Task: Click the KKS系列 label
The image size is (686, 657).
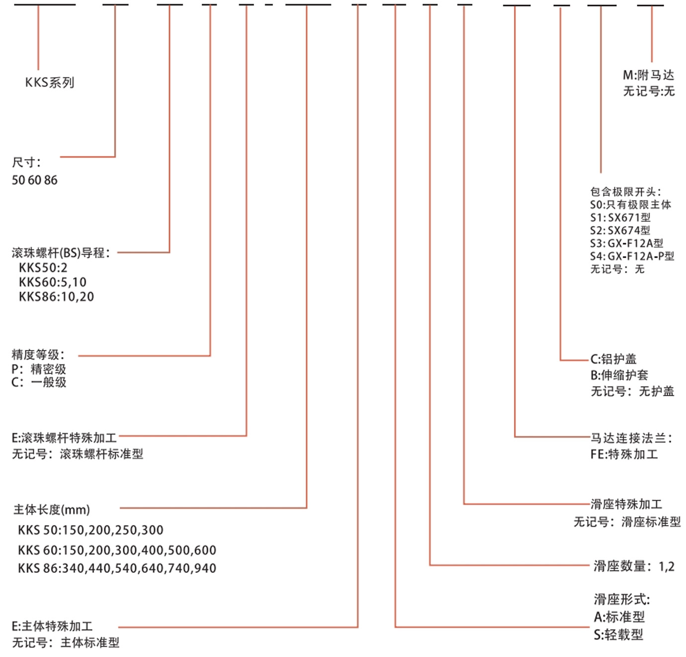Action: (x=50, y=83)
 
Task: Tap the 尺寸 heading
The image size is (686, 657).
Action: (x=26, y=163)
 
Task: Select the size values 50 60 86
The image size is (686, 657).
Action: (x=35, y=180)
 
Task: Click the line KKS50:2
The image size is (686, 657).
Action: (x=43, y=268)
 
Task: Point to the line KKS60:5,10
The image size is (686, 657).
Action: (x=52, y=282)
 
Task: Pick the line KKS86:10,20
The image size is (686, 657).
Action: (x=56, y=297)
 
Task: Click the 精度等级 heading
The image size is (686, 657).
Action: (x=38, y=355)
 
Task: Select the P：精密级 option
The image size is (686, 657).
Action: (x=39, y=369)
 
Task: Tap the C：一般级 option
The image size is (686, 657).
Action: (x=39, y=382)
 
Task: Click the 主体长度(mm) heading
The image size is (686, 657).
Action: (x=52, y=510)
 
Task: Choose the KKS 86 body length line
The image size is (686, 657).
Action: (x=117, y=568)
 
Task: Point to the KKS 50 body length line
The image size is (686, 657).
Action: (x=90, y=530)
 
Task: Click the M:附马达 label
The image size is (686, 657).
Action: (x=648, y=76)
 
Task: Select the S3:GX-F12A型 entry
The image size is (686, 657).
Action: (x=626, y=243)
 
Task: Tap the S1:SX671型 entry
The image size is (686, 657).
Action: (x=620, y=217)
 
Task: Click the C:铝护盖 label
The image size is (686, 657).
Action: (x=613, y=359)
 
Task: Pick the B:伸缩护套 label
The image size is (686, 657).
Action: (x=619, y=375)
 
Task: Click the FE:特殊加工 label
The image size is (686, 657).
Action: (x=624, y=454)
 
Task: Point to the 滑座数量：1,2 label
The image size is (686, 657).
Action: (x=634, y=566)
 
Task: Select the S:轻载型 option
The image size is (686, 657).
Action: (x=618, y=635)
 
